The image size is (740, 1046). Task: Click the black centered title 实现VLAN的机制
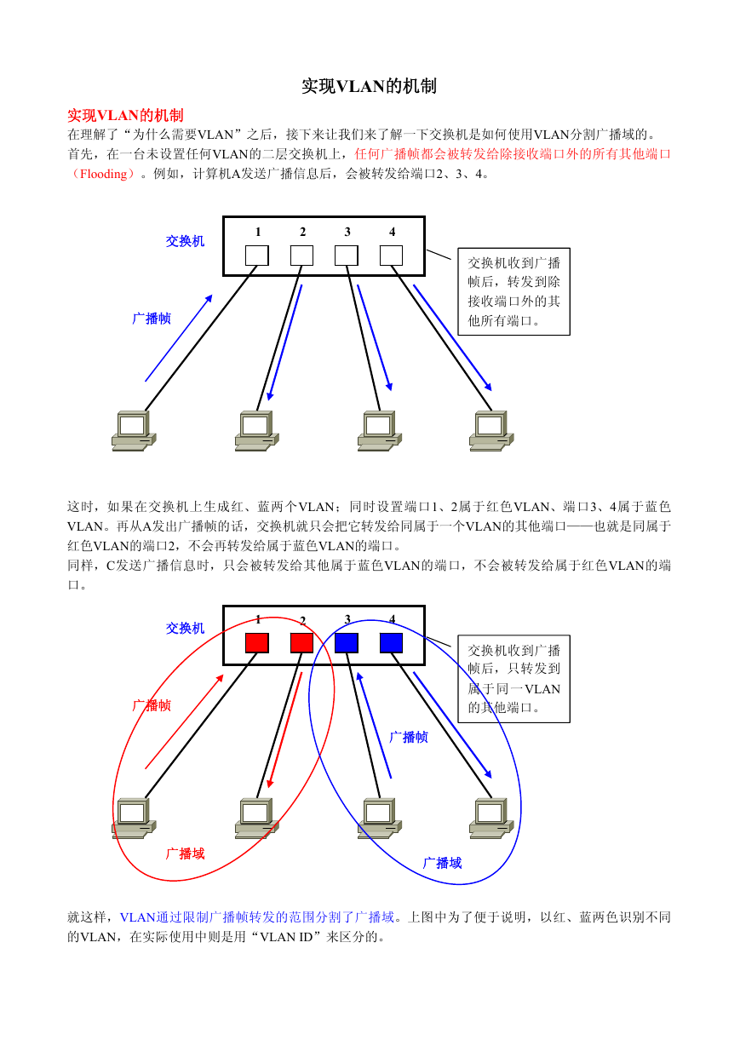(x=369, y=86)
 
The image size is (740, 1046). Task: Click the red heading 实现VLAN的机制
(x=125, y=115)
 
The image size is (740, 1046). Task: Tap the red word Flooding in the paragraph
(x=103, y=174)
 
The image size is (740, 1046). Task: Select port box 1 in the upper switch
(x=257, y=256)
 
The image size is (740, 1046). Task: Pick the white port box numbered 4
(x=391, y=256)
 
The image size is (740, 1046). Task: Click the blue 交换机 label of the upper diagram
(x=185, y=241)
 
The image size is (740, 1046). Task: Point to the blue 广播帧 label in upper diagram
(x=152, y=319)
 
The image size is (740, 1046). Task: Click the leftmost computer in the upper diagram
(x=134, y=430)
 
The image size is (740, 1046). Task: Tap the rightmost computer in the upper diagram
(x=491, y=430)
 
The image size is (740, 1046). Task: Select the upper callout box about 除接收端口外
(x=513, y=291)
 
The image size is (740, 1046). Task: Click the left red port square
(x=257, y=642)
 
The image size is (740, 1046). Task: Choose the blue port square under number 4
(x=391, y=642)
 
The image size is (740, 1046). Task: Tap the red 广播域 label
(x=185, y=853)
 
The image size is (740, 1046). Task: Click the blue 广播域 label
(x=442, y=863)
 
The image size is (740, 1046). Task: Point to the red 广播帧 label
(x=152, y=705)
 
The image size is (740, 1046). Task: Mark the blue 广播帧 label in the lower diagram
(x=409, y=737)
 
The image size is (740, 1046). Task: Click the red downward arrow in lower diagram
(x=284, y=730)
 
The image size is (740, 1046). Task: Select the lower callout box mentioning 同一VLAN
(x=513, y=679)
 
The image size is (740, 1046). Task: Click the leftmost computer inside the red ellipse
(x=134, y=818)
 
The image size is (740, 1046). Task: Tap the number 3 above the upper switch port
(x=347, y=232)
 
